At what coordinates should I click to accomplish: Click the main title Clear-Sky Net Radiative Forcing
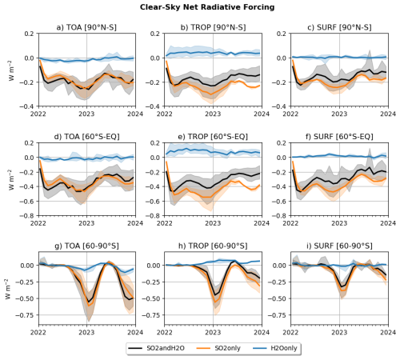207,7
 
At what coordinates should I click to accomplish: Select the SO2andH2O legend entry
157,348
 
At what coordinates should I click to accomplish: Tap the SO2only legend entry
218,348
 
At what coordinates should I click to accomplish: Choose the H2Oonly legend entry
275,348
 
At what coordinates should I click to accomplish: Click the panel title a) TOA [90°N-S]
86,27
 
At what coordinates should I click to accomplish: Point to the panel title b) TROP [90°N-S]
213,27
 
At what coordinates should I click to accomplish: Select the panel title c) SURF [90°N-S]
339,27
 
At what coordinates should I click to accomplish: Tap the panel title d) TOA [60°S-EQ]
86,137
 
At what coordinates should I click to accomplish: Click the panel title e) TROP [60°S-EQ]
213,137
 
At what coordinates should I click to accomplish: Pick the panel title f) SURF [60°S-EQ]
339,137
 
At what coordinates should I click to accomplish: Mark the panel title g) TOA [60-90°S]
86,246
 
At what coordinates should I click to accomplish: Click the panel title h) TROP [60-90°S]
213,246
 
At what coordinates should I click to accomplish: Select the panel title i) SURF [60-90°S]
339,246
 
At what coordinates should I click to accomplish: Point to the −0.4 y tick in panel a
26,106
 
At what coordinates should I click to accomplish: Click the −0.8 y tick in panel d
26,215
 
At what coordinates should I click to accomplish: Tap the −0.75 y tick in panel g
25,315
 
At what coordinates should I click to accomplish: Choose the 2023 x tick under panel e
213,223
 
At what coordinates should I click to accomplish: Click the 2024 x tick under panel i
388,332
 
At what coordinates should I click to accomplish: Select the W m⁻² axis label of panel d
11,179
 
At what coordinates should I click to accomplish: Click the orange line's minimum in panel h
215,302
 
